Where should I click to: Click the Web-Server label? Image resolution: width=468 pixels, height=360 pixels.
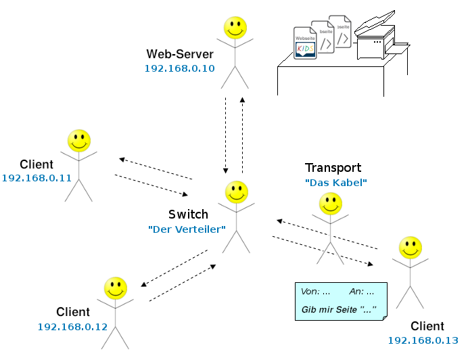tap(180, 54)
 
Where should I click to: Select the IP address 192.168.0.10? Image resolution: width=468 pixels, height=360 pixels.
tap(179, 68)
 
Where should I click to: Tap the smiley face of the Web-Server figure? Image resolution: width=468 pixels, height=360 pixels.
tap(235, 28)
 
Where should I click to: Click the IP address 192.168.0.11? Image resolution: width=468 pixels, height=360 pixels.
tap(37, 178)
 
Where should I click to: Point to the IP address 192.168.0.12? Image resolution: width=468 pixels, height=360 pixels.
tap(72, 326)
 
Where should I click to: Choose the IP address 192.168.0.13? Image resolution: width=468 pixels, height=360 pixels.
tap(423, 340)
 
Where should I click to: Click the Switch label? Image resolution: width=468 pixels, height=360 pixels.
tap(188, 215)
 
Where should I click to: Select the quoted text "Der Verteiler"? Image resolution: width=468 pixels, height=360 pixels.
tap(187, 229)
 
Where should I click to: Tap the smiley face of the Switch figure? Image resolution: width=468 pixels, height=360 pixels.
tap(237, 192)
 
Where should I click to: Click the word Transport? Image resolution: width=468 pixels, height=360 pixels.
tap(333, 168)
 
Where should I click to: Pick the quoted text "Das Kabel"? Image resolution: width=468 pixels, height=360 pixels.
tap(335, 182)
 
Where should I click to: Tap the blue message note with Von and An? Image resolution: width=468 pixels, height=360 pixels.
tap(341, 301)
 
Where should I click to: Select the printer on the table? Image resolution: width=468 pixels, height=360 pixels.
tap(376, 41)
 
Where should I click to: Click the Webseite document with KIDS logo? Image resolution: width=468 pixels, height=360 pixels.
tap(305, 43)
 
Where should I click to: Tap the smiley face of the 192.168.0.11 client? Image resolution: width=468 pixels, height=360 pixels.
tap(79, 141)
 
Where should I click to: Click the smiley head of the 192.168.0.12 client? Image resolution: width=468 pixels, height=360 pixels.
tap(116, 288)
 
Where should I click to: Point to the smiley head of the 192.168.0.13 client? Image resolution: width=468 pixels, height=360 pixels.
tap(410, 247)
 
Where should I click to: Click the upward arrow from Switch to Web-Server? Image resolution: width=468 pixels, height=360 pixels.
tap(242, 135)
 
